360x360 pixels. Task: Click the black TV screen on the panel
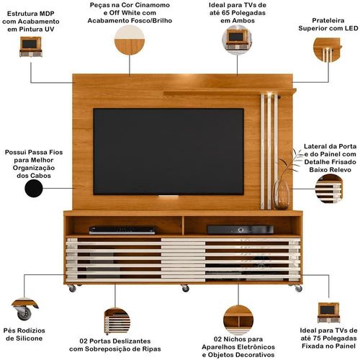168,151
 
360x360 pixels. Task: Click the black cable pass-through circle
34,189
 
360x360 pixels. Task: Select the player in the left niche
122,230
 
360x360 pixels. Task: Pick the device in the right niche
240,230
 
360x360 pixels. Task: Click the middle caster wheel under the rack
185,288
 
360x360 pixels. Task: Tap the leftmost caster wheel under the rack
72,288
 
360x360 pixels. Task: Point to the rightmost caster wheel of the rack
298,288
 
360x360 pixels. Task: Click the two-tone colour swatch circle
130,40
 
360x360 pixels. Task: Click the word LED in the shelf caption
351,28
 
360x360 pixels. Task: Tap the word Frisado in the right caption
342,162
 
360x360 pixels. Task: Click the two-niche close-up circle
238,320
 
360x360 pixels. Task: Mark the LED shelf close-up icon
327,50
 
